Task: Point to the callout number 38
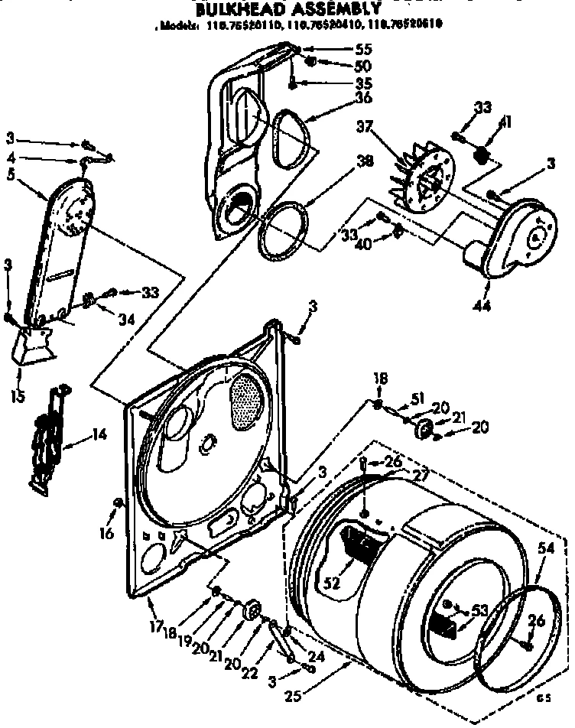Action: [344, 161]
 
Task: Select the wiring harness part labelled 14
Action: [48, 437]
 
